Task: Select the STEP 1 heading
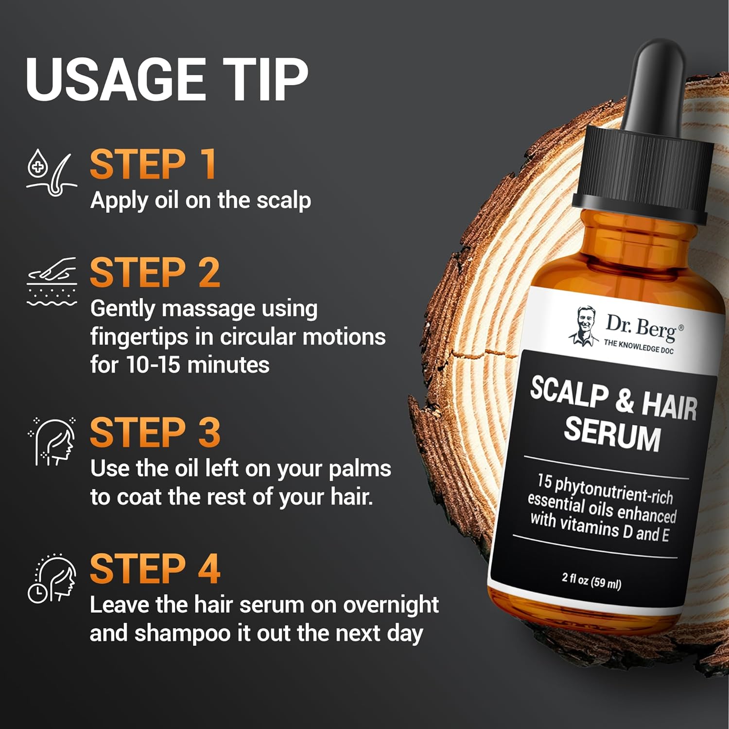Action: [x=153, y=164]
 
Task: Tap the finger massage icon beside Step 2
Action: [x=52, y=282]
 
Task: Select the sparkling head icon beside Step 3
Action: [x=52, y=442]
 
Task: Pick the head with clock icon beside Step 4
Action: [x=52, y=579]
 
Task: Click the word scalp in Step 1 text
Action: [x=284, y=201]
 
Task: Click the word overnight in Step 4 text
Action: [x=391, y=606]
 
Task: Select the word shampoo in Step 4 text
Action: [x=182, y=634]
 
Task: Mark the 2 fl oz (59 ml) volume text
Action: [x=591, y=580]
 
